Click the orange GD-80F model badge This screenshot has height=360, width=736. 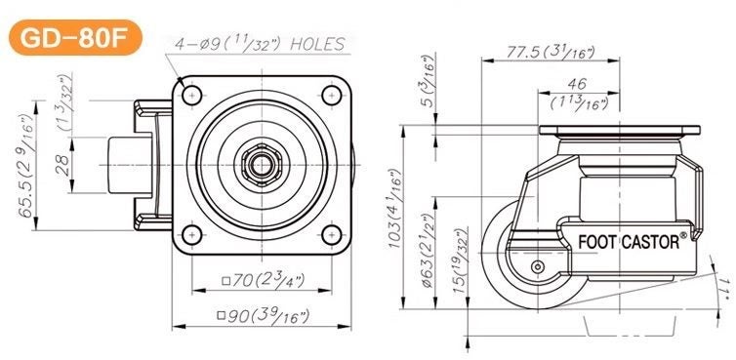click(74, 39)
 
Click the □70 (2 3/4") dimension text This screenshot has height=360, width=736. click(263, 282)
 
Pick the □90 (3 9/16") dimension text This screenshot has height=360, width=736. click(262, 315)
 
